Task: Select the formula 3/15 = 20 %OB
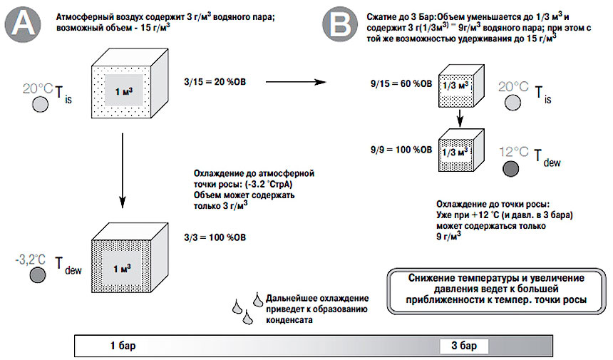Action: (x=216, y=83)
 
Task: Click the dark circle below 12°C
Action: (x=511, y=168)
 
